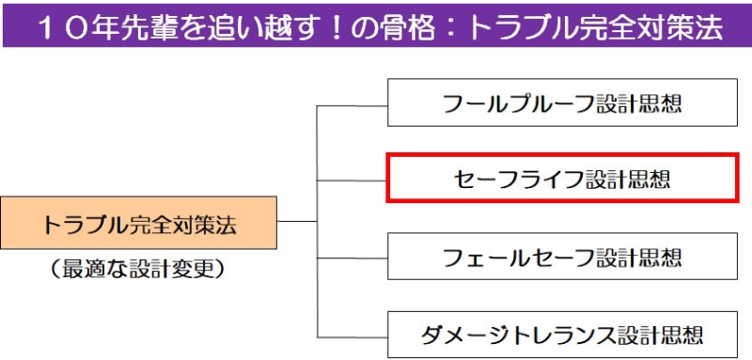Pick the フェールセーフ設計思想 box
click(562, 257)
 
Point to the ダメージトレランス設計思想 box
click(562, 333)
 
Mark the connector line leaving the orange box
click(298, 222)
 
